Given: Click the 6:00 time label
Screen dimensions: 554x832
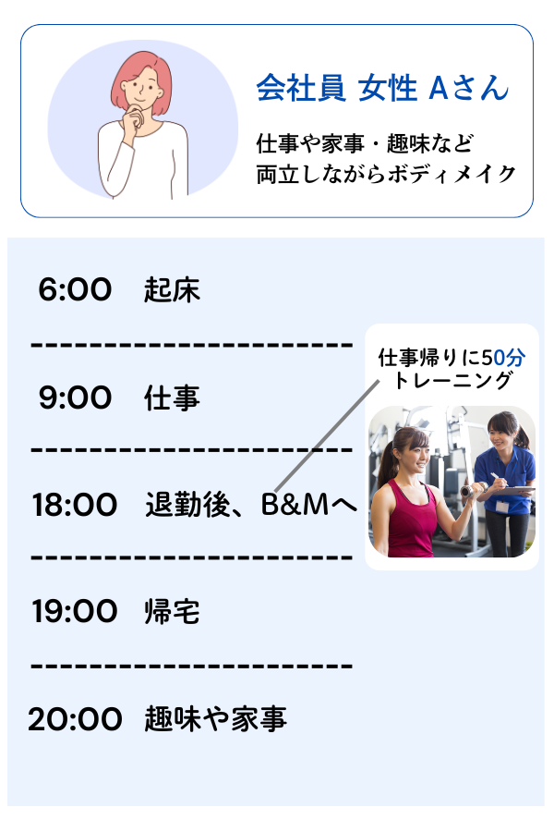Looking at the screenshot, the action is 75,289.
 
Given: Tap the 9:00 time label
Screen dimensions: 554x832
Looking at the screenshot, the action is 75,398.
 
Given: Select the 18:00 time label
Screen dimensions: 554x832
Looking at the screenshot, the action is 74,505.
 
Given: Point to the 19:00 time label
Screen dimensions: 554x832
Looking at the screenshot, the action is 74,611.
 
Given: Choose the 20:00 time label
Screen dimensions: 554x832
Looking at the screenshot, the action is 75,719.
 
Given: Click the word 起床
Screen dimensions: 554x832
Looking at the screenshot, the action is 172,289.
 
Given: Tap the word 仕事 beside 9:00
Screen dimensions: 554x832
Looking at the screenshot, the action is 172,398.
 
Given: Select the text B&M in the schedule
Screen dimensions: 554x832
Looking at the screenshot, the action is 295,505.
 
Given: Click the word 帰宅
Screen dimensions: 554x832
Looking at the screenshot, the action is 172,611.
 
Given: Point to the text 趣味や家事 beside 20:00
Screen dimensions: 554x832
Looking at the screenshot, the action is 215,719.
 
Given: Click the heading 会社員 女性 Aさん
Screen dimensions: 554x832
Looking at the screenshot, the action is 382,88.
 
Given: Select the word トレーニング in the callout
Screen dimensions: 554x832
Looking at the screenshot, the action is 453,380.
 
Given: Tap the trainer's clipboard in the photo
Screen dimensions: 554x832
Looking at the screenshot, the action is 515,492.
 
